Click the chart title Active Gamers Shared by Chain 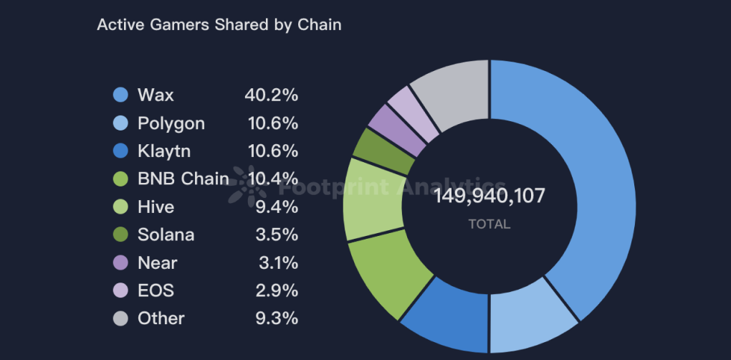pos(219,24)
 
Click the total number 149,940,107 pos(489,196)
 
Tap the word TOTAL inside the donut pos(489,224)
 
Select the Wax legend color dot pos(121,95)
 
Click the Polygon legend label pos(171,123)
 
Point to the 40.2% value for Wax pos(271,95)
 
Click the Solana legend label pos(166,235)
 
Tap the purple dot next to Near pos(121,262)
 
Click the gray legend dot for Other pos(121,318)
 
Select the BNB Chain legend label pos(183,179)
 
